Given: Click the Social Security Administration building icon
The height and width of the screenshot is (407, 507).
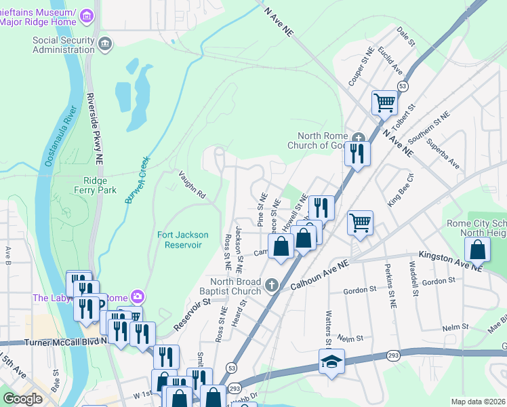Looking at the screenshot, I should coord(104,45).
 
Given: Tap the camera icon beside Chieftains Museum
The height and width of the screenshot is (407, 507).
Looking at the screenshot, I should coord(87,15).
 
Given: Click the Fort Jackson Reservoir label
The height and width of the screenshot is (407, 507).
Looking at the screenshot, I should coord(180,239).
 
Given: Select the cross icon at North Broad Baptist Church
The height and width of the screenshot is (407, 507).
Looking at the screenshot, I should coord(272,284).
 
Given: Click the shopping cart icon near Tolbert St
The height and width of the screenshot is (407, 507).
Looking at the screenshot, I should coord(384,103).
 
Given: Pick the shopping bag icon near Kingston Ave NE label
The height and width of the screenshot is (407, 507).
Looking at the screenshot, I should coord(477,249).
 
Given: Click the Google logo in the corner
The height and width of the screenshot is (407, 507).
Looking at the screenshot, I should coord(22,398).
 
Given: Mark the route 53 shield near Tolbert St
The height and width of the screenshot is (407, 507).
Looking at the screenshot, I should coord(403,87).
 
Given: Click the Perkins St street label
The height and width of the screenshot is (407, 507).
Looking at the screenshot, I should coord(389,285).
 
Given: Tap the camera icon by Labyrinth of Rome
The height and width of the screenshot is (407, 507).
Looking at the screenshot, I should coord(138,296).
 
